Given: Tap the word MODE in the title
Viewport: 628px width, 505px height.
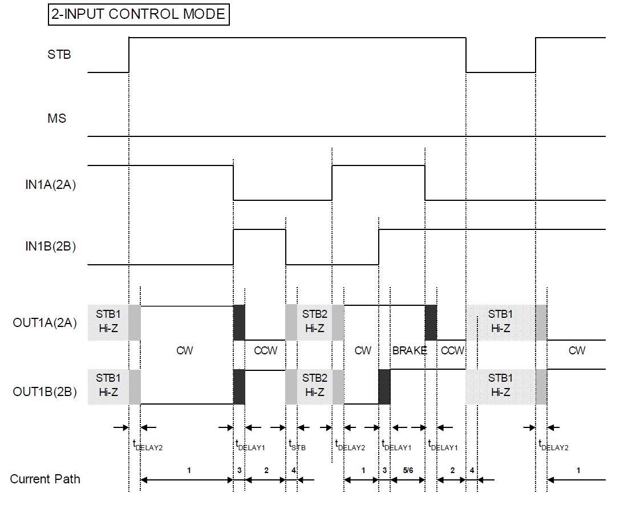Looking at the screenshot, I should click(x=204, y=14).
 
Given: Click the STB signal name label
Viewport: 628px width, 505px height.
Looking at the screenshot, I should click(x=59, y=55).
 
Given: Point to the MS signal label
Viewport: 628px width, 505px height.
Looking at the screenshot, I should click(x=57, y=119).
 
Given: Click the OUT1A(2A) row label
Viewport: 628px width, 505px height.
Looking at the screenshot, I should click(x=44, y=322).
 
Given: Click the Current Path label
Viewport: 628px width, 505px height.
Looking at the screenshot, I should click(x=45, y=479).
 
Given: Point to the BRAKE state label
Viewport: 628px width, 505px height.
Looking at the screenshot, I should click(x=409, y=350).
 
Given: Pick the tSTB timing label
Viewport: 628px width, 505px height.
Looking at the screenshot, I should click(x=297, y=445).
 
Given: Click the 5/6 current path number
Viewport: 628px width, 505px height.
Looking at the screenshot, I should click(x=407, y=470).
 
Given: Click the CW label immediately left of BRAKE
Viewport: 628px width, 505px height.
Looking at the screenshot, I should click(x=363, y=350).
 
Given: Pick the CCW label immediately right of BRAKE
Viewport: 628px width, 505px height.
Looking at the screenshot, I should click(x=453, y=350).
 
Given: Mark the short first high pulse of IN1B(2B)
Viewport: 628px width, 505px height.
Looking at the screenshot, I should click(x=260, y=229).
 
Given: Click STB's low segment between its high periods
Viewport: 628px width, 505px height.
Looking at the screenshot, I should click(x=501, y=72).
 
